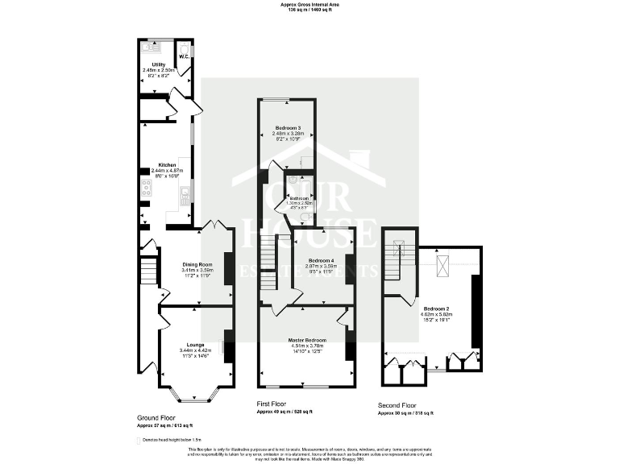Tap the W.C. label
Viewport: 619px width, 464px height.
point(183,56)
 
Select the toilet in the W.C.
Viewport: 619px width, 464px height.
point(184,47)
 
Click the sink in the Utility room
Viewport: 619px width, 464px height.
point(150,47)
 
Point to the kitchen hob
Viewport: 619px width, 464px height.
point(147,188)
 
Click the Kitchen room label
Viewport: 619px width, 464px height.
point(167,165)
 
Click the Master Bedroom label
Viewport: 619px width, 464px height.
point(307,340)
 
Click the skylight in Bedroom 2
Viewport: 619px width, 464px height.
point(442,265)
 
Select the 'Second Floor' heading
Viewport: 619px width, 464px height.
point(398,405)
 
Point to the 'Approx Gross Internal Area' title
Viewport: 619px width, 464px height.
point(309,4)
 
